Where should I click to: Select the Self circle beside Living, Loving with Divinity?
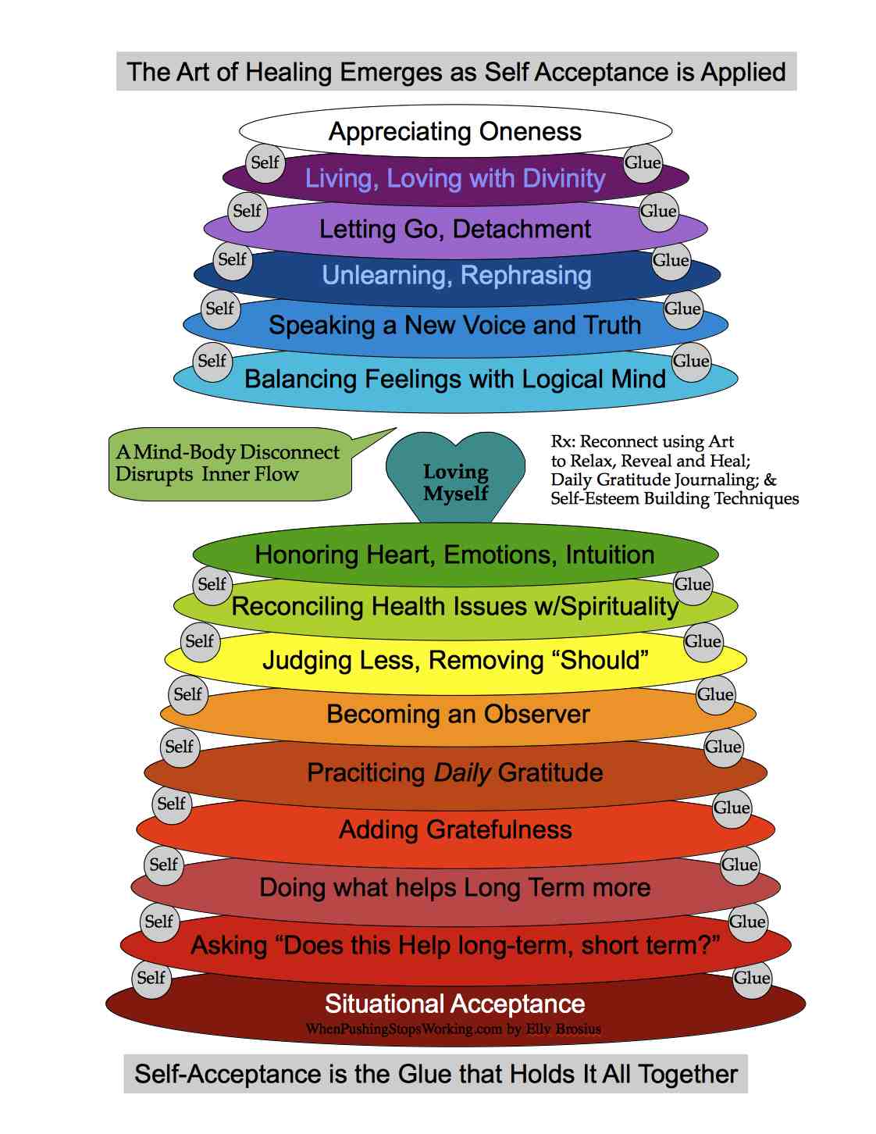[265, 162]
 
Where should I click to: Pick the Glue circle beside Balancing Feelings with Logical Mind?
[691, 361]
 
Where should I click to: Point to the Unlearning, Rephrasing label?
[457, 275]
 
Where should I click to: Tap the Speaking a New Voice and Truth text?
[455, 325]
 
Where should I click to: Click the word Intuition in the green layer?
[610, 555]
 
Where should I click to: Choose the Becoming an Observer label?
[458, 714]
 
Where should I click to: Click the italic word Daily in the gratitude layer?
[462, 772]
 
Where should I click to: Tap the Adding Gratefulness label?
[455, 829]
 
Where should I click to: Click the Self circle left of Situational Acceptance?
[151, 978]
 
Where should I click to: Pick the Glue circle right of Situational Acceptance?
[752, 978]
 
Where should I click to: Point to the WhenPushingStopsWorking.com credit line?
[454, 1029]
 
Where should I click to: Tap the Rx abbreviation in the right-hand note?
[561, 442]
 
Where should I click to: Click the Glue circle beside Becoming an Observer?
[715, 694]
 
